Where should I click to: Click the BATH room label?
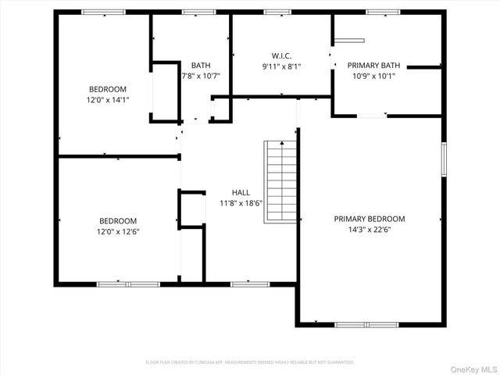point(201,65)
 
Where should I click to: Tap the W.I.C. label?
point(281,55)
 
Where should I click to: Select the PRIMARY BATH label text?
point(373,65)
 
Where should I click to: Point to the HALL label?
point(241,191)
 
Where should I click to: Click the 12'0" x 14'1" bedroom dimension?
point(107,100)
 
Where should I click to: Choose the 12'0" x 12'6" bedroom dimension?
point(107,231)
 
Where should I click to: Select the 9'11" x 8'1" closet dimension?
point(281,66)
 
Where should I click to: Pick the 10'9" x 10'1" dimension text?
point(373,76)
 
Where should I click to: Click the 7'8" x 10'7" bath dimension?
point(201,76)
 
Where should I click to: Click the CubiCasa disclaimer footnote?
point(250,362)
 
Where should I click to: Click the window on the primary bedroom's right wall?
point(444,159)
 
